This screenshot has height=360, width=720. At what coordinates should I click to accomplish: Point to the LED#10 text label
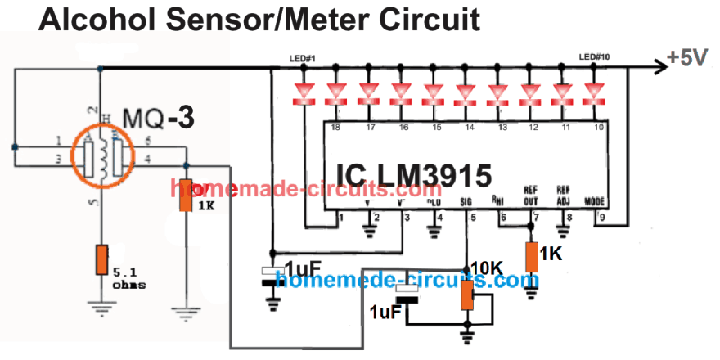coord(593,57)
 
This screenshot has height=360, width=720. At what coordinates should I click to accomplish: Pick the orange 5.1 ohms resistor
coord(101,259)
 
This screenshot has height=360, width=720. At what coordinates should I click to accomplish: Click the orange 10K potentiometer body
coord(467,295)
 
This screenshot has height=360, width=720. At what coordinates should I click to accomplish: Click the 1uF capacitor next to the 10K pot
coord(407,295)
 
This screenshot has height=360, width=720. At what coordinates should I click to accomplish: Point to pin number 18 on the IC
coord(335,128)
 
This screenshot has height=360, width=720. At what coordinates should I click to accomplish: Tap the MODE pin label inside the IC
coord(596,200)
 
